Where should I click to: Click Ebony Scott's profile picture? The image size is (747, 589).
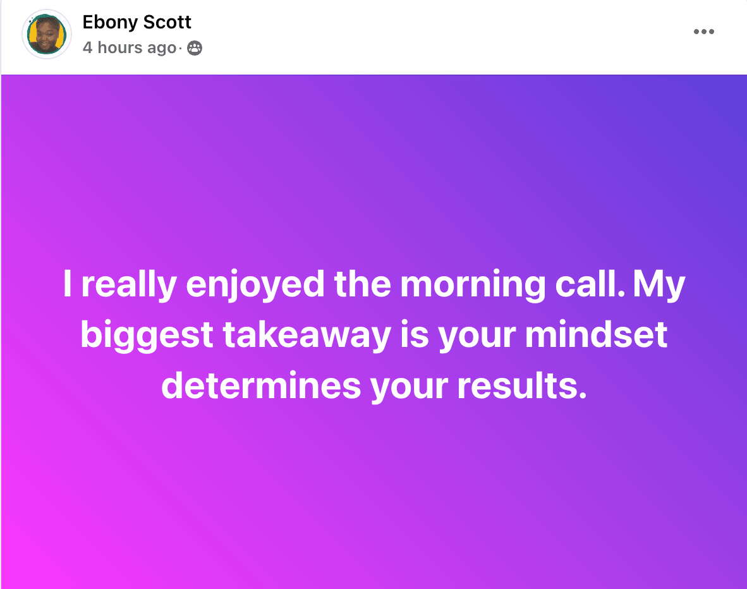[x=47, y=34]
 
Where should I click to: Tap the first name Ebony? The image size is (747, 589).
[x=110, y=23]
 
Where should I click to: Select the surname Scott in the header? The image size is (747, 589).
[x=167, y=22]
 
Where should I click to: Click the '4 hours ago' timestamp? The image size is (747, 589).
[x=130, y=47]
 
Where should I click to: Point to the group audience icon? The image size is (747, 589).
[x=195, y=48]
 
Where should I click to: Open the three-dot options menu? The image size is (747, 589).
[x=703, y=32]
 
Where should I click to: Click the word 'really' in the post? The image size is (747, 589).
[x=129, y=285]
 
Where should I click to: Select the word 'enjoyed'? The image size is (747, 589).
[x=255, y=285]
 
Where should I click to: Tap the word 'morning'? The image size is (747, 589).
[x=473, y=285]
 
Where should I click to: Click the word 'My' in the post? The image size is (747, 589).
[x=659, y=285]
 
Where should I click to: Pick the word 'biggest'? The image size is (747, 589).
[x=147, y=336]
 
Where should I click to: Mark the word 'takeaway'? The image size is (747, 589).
[x=307, y=336]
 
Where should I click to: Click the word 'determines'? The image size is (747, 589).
[x=261, y=386]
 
